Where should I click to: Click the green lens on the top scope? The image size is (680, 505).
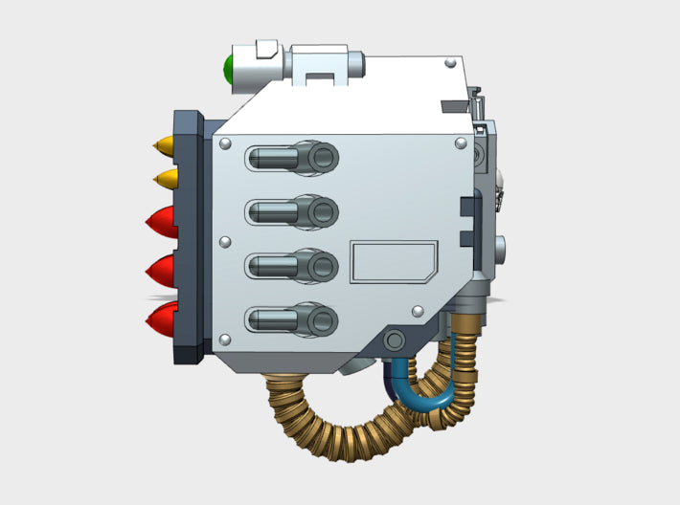coord(229,69)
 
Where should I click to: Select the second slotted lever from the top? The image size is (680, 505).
coord(293,210)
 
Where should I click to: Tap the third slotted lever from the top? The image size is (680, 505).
coord(293,264)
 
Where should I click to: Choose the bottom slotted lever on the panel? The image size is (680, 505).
coord(293,318)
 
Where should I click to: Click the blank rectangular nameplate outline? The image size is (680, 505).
coord(393,262)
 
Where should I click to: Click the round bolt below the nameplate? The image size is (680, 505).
coord(393,339)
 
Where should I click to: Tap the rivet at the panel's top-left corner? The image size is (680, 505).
coord(225,143)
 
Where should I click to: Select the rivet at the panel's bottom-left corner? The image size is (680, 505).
coord(225,340)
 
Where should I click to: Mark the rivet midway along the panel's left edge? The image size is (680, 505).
coord(225,241)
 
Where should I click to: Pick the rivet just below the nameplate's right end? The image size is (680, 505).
coord(419,311)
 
